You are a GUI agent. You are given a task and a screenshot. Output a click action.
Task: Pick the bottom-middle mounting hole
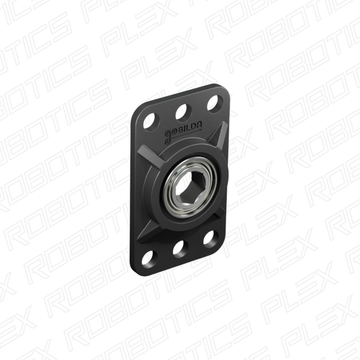click(180, 250)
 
